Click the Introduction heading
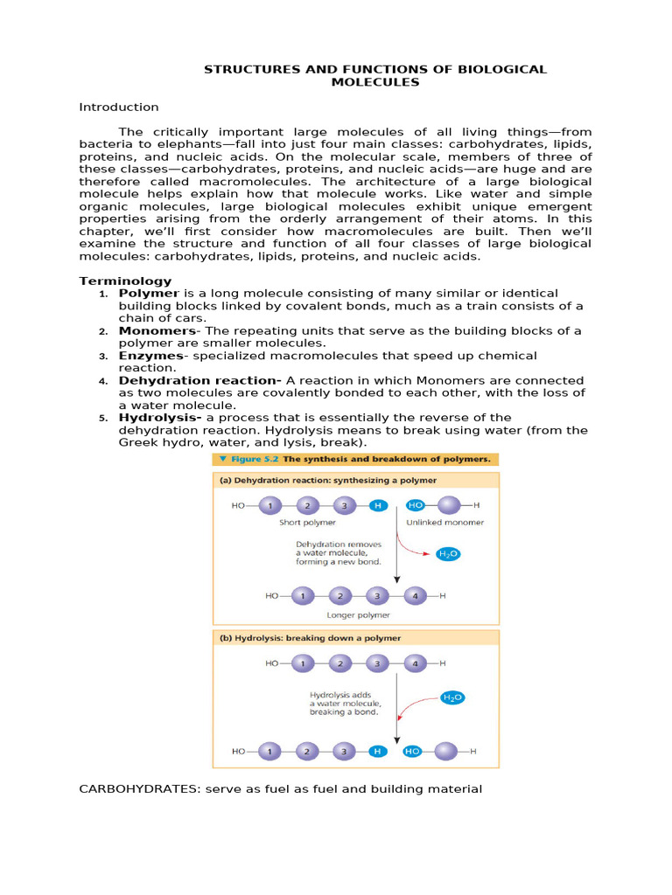coord(119,107)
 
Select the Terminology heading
coord(125,281)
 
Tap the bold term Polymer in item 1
coord(149,293)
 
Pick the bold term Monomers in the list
coord(157,331)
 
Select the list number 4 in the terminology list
coord(103,381)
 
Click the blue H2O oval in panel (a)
coord(447,554)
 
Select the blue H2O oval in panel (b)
coord(451,697)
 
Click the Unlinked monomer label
coord(444,522)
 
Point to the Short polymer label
coord(302,522)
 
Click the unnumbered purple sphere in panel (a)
coord(448,505)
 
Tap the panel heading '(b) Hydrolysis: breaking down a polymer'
coord(310,638)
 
